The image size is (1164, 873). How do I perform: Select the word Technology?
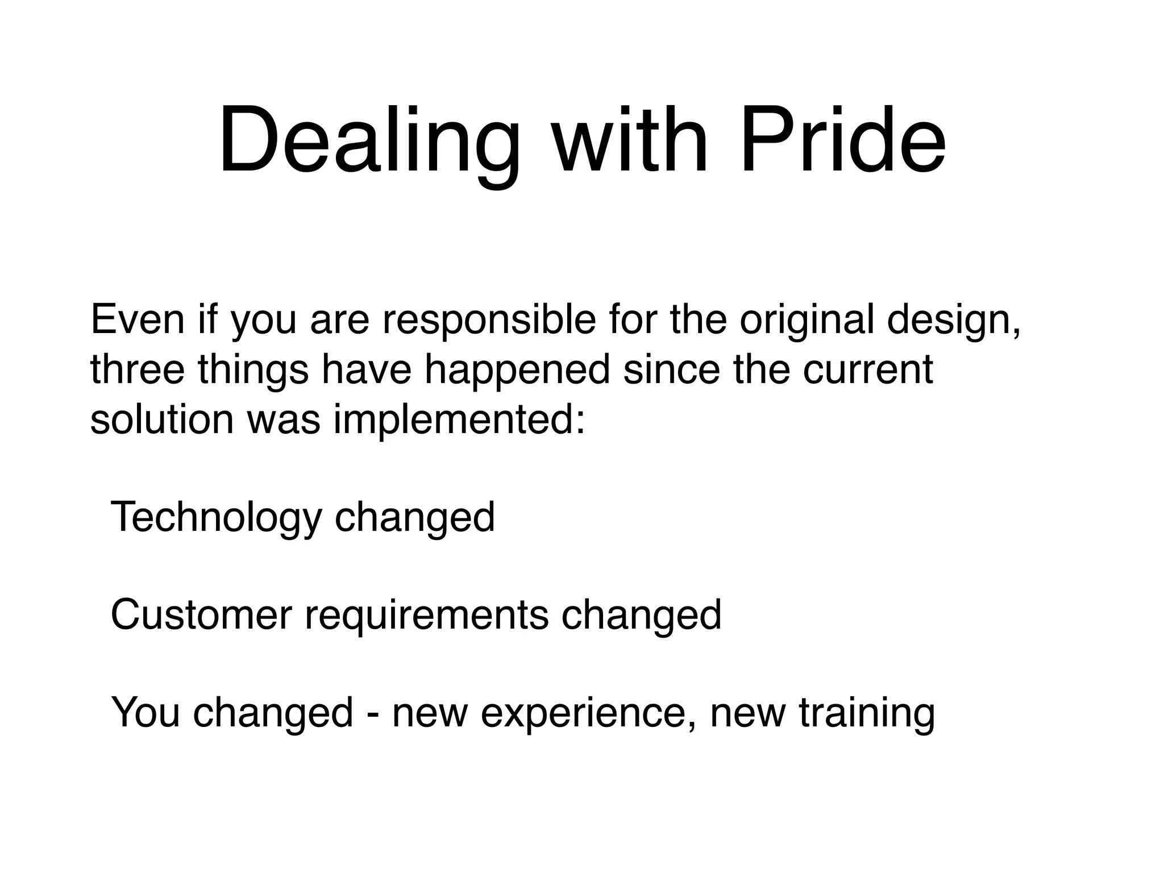pos(216,517)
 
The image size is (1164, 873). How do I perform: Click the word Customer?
pos(201,615)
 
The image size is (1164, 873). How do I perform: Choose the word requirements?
pos(426,615)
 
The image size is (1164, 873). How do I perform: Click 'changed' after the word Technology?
pos(414,517)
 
